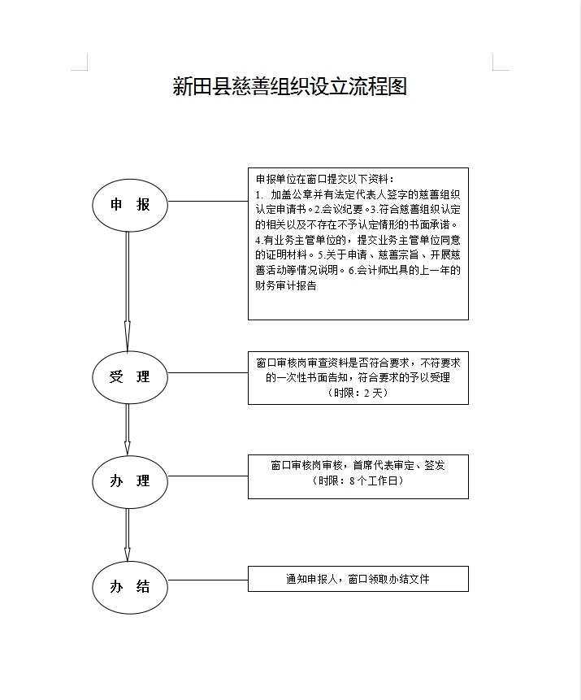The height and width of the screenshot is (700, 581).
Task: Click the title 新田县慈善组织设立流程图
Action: point(289,87)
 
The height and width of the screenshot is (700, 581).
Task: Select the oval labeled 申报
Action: point(130,205)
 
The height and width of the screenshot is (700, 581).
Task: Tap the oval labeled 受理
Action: point(130,377)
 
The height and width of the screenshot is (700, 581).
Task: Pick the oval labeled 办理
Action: point(130,481)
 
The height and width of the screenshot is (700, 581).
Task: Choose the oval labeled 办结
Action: point(130,587)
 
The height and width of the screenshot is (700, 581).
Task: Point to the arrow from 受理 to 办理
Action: point(128,429)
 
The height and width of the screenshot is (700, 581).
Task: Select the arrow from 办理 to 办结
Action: point(128,534)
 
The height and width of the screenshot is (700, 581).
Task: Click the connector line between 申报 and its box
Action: point(207,201)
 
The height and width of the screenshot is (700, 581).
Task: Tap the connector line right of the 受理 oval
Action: point(207,373)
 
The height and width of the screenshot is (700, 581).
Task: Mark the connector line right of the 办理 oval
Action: point(207,476)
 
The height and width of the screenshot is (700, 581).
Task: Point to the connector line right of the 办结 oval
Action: point(207,580)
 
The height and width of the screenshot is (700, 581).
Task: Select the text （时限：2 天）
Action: point(358,393)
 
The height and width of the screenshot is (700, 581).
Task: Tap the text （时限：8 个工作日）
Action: point(358,480)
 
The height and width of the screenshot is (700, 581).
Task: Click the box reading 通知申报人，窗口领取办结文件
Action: point(358,580)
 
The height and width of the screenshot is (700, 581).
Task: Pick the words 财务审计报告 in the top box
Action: point(285,286)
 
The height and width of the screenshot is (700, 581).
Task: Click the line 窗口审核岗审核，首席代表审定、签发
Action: point(358,465)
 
